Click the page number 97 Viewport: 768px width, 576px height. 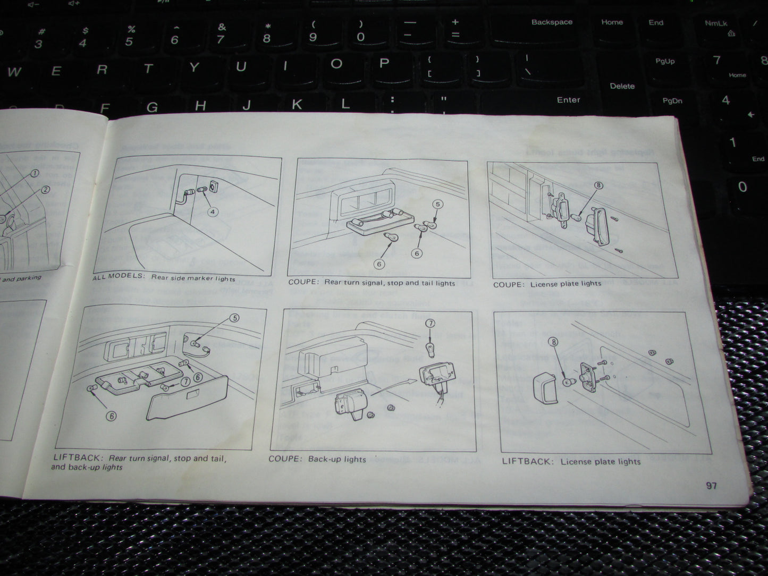click(x=711, y=486)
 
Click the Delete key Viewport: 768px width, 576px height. click(x=622, y=86)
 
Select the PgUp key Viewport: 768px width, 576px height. click(x=665, y=62)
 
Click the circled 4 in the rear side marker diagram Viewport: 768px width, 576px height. click(x=213, y=212)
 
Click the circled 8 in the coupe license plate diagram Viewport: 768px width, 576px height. click(x=598, y=185)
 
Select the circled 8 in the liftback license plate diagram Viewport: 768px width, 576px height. click(x=554, y=343)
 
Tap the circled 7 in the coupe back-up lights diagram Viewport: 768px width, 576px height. click(x=429, y=324)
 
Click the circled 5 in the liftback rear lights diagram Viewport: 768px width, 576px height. click(x=234, y=318)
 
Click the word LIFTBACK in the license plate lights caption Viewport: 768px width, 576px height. click(x=526, y=461)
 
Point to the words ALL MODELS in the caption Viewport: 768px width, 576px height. click(x=118, y=276)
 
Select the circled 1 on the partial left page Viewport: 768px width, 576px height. click(x=35, y=173)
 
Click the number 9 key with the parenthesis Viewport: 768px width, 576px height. click(x=313, y=33)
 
